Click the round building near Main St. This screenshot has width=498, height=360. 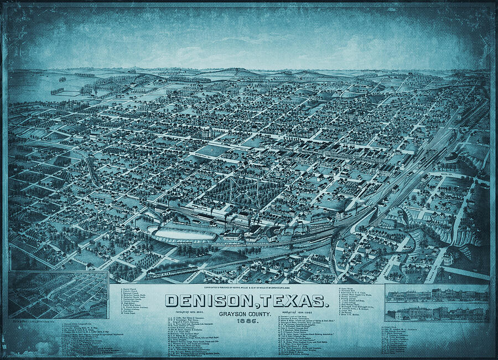tap(452, 159)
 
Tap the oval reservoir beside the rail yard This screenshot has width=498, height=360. tap(176, 235)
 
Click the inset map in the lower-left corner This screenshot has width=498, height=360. tap(58, 295)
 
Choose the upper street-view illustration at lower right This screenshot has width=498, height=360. tap(437, 294)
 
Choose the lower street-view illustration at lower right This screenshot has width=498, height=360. tap(437, 312)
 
